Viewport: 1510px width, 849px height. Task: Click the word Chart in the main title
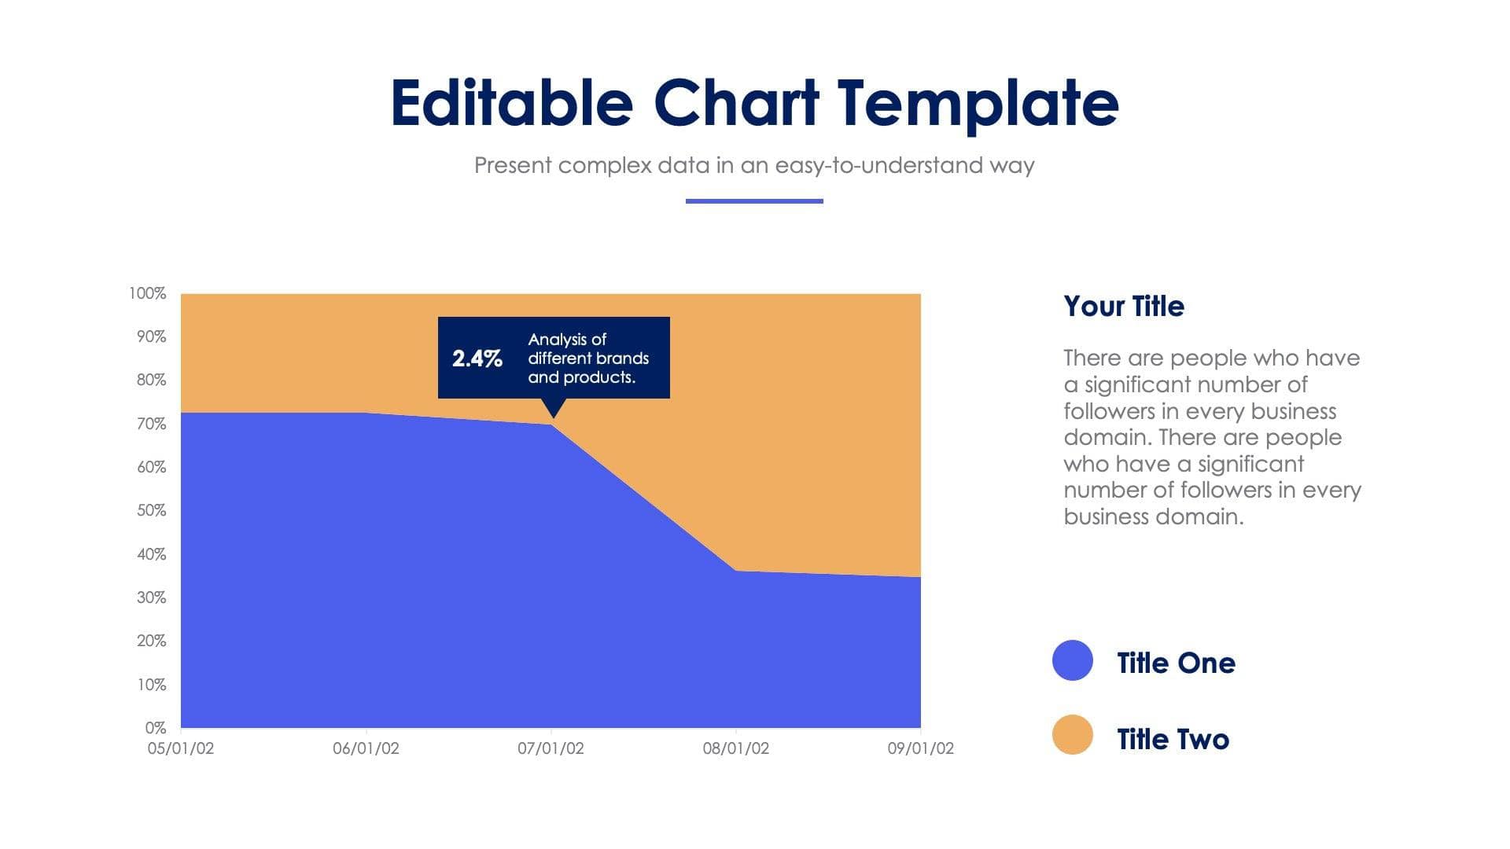pos(736,103)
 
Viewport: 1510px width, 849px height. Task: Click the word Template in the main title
pos(978,103)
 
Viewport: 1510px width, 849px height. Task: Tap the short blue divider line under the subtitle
pos(753,201)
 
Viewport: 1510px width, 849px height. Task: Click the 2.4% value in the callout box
pos(477,358)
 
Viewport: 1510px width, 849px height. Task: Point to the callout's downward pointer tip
pos(553,417)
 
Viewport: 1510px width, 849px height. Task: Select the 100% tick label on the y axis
pos(148,293)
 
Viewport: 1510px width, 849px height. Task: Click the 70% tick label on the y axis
pos(151,424)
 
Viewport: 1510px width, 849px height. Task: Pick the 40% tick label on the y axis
pos(151,554)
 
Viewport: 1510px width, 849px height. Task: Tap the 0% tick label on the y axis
pos(155,728)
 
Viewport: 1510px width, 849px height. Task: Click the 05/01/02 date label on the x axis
pos(180,748)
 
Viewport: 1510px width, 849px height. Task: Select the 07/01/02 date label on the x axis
pos(551,748)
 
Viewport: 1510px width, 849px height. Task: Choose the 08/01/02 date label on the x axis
pos(735,748)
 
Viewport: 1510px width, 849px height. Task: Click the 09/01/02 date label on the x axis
pos(920,748)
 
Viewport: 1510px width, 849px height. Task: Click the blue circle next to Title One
pos(1072,660)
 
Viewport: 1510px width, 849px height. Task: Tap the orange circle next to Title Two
pos(1072,735)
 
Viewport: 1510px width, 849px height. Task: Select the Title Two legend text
pos(1172,739)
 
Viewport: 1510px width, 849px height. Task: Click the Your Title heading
pos(1123,306)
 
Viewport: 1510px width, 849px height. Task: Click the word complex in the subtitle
pos(605,166)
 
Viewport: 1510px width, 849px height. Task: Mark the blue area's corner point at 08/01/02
pos(735,571)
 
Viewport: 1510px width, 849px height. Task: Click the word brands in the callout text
pos(622,358)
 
